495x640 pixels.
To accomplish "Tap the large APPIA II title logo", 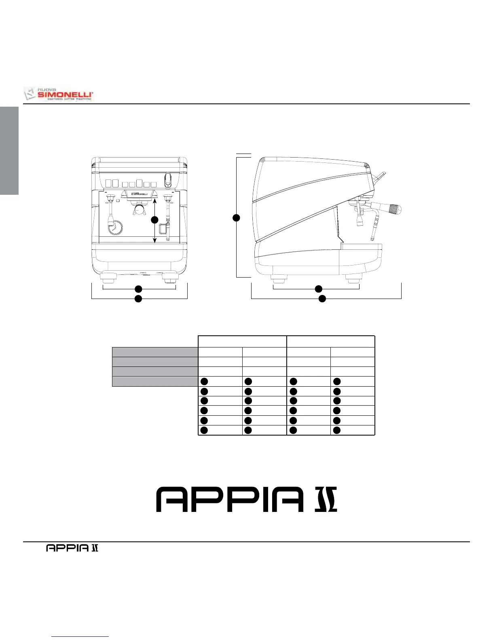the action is (247, 499).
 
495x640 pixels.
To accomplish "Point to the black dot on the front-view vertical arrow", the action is (154, 220).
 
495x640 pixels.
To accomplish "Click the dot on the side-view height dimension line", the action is (237, 218).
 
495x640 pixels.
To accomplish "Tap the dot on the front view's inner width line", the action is (138, 288).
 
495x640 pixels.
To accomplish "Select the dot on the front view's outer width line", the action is (138, 299).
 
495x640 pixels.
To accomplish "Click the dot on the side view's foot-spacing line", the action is (319, 288).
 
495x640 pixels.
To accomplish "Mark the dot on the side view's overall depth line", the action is (322, 299).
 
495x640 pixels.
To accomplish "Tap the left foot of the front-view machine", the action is (108, 278).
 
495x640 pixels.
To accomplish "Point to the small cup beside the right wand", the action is (163, 229).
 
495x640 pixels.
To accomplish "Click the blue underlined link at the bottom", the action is (80, 637).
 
